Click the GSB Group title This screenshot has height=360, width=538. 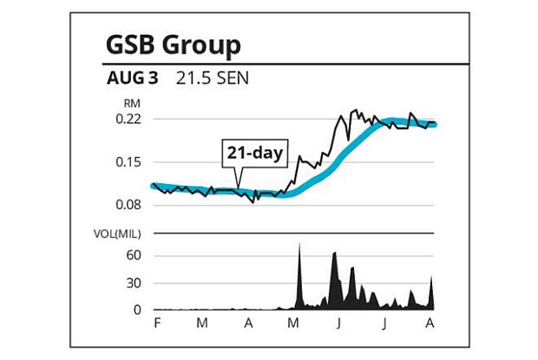[173, 44]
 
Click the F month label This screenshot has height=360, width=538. [157, 323]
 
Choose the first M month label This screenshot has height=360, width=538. [202, 323]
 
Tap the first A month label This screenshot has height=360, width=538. [248, 323]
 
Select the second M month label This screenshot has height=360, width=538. [293, 323]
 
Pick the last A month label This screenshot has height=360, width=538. [430, 323]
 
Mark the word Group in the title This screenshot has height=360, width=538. [204, 44]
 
